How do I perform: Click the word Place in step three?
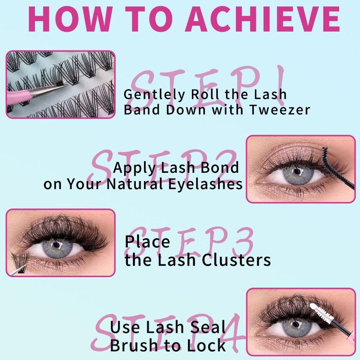[x=147, y=242]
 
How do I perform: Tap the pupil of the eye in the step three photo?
[x=57, y=246]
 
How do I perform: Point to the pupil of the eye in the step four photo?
[x=296, y=326]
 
